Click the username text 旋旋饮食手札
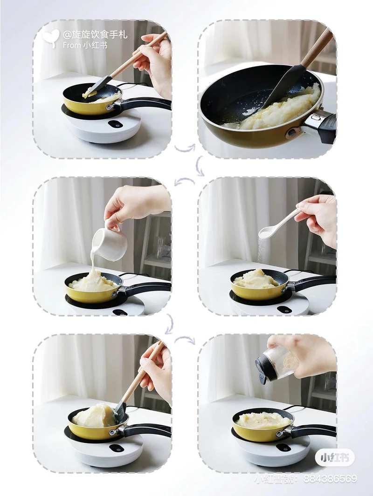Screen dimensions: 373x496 [95, 34]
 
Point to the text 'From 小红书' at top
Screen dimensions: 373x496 [85, 45]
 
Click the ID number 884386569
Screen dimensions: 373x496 [330, 479]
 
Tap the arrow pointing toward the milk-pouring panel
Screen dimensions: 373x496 [184, 182]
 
